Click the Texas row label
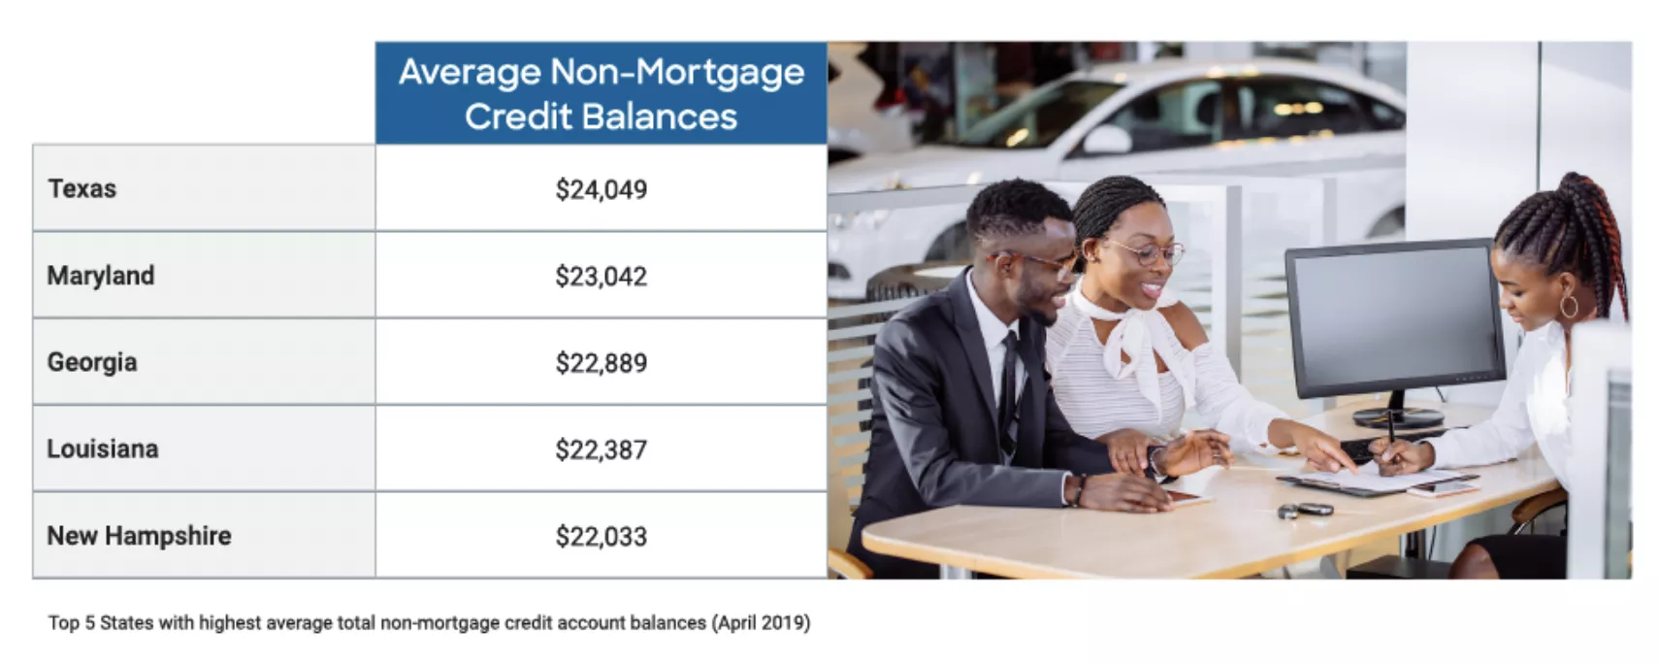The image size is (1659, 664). coord(82,188)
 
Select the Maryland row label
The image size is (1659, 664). coord(101,276)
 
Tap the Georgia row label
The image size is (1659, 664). coord(92,362)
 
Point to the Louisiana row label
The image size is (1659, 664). coord(103,448)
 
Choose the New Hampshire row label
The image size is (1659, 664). coord(139,536)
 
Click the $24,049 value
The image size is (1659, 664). coord(601,189)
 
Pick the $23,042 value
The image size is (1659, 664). coord(601,277)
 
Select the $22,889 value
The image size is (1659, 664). coord(601,363)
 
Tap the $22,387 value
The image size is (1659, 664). coord(601,449)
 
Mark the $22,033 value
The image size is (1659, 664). coord(601,537)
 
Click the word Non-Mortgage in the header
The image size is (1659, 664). coord(676,73)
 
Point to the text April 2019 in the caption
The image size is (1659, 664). coord(762,623)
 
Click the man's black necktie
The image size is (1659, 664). coord(1009,388)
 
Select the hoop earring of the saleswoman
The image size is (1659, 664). coord(1569,306)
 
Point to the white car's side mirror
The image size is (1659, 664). coord(1105,141)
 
